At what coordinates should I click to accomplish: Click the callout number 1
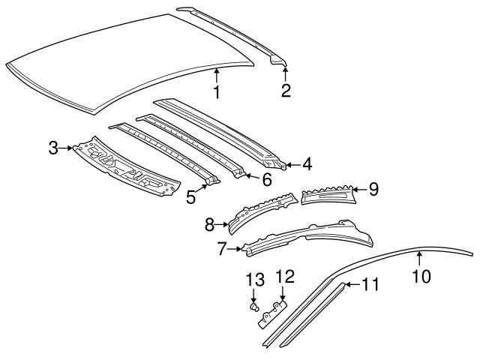[x=216, y=92]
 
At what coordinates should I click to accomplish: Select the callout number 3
[x=53, y=147]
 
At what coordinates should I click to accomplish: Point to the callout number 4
[x=308, y=163]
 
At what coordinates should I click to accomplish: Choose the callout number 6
[x=265, y=179]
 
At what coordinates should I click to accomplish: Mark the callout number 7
[x=221, y=248]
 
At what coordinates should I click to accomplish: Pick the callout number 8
[x=211, y=223]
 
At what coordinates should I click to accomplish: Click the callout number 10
[x=421, y=275]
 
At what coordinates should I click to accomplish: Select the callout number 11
[x=370, y=284]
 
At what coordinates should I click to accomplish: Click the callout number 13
[x=255, y=280]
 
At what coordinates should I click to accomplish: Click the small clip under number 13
[x=256, y=307]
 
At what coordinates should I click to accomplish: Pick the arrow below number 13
[x=255, y=294]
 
